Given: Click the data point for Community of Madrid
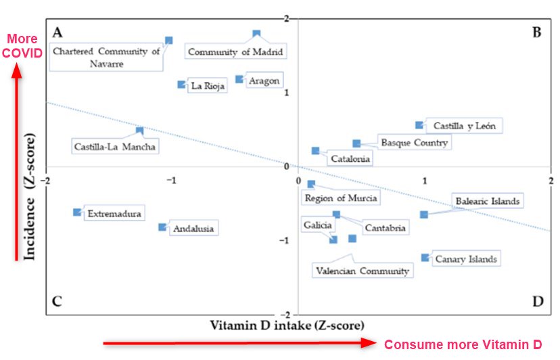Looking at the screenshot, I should [x=256, y=33].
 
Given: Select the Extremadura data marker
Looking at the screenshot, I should [x=77, y=212].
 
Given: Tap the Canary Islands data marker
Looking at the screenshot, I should [x=425, y=257].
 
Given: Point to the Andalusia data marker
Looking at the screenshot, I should [x=162, y=227].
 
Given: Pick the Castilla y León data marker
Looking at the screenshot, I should [x=419, y=125].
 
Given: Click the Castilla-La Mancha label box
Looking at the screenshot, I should [x=116, y=146].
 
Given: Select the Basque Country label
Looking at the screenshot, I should [x=414, y=143].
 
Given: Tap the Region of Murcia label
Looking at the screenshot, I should [x=341, y=198].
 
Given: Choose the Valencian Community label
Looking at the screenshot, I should [x=363, y=271].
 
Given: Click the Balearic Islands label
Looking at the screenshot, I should [x=487, y=201].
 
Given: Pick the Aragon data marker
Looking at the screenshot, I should [x=239, y=79].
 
